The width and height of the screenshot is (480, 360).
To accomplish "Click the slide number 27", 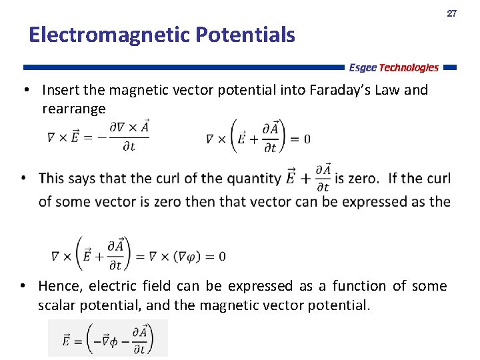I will [x=451, y=13].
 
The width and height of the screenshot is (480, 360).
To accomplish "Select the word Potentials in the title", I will [x=246, y=35].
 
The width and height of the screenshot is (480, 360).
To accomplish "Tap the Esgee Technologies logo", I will [x=394, y=67].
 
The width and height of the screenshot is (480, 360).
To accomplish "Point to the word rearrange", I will [x=73, y=109].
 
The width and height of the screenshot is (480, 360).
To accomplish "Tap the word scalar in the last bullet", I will [x=58, y=306].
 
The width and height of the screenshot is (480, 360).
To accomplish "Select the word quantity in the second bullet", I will [x=253, y=179].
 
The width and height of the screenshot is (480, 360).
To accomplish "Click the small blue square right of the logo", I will [x=450, y=67].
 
